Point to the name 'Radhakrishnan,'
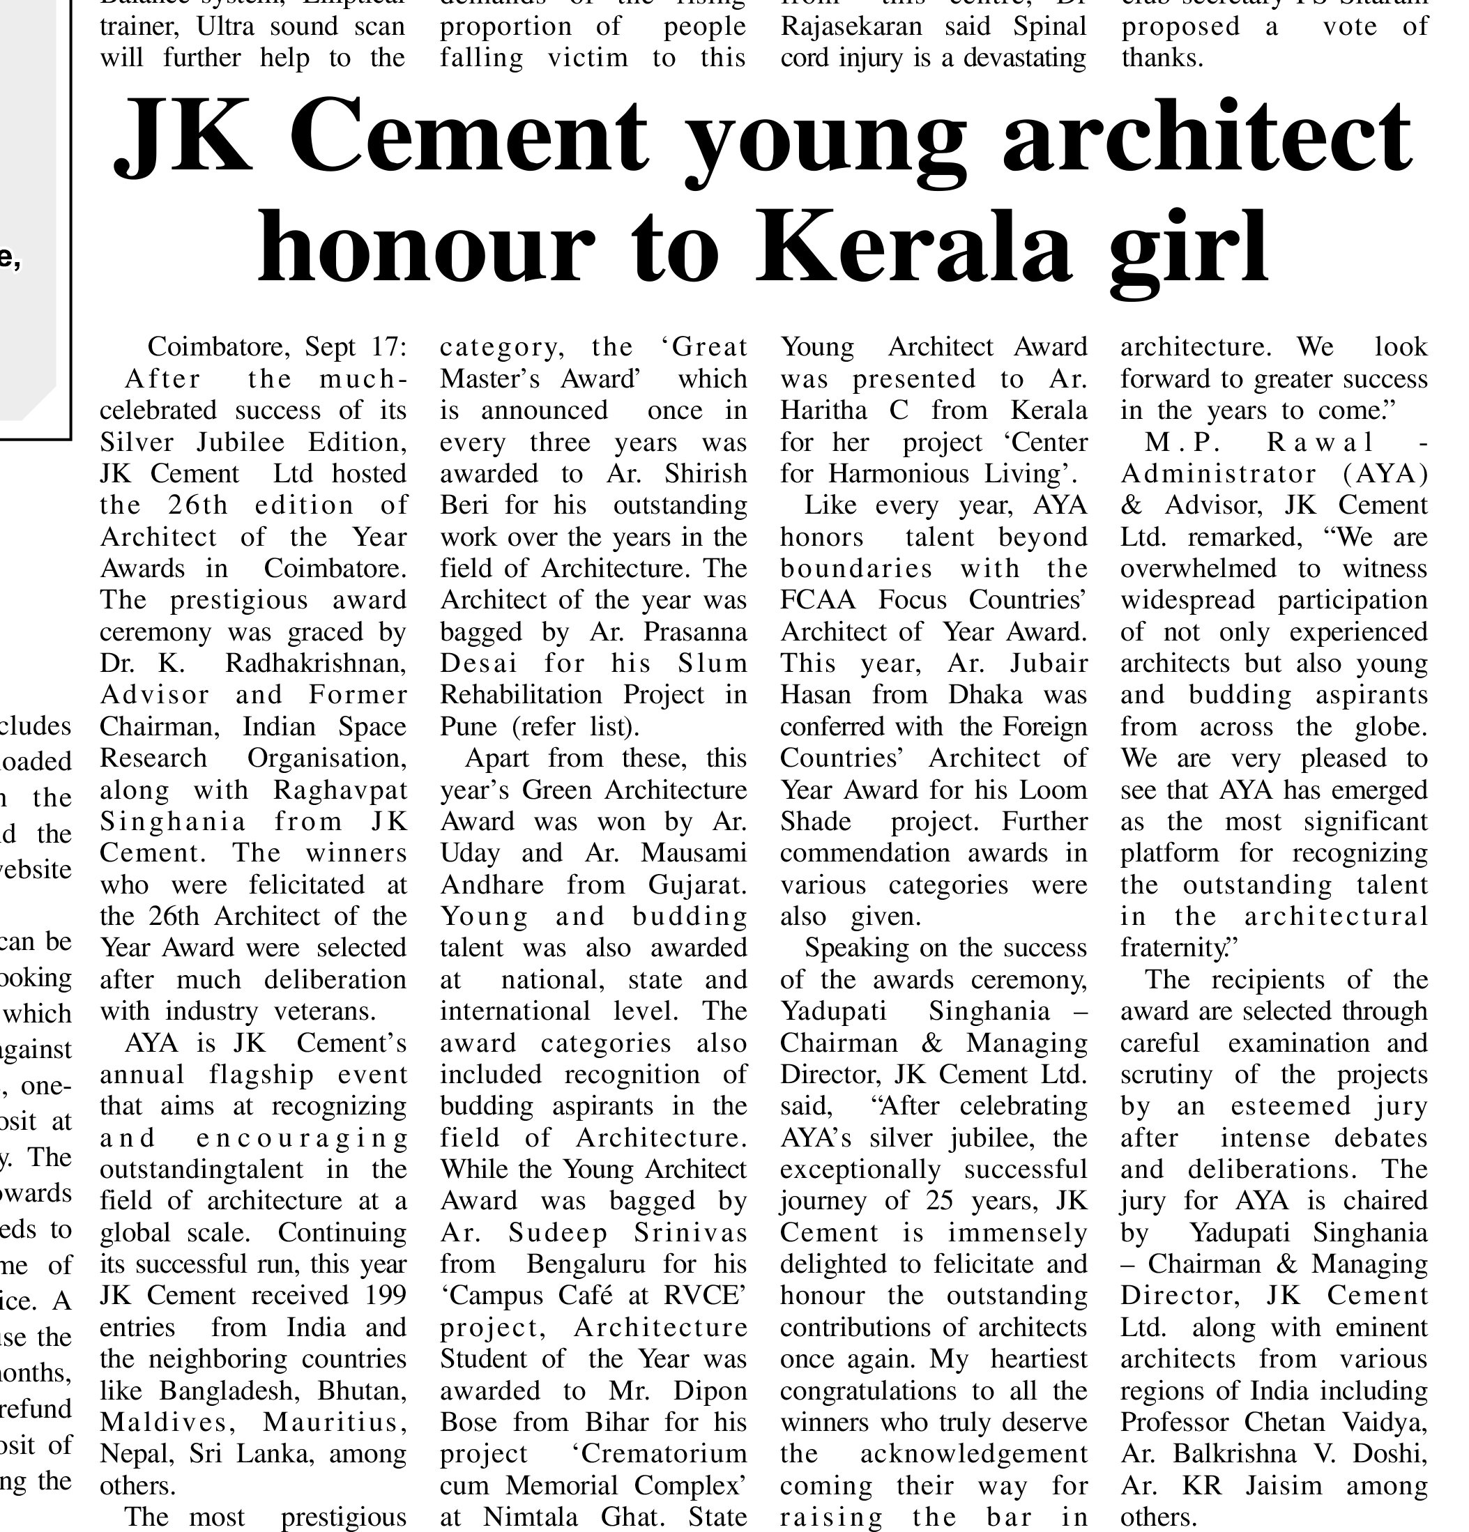(x=316, y=664)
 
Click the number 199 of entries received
(x=386, y=1295)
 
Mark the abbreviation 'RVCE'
(x=704, y=1295)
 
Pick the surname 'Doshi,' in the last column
(x=1390, y=1454)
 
